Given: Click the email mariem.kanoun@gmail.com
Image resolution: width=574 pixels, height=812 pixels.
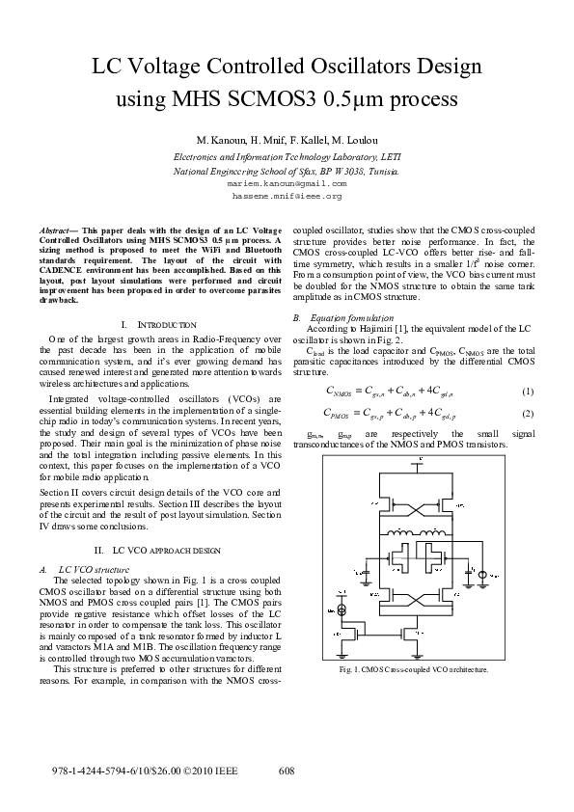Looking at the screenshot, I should [x=287, y=182].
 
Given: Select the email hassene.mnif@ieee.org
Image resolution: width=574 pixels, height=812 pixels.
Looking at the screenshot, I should [x=287, y=195].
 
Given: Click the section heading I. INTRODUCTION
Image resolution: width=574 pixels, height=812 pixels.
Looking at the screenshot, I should [x=160, y=325].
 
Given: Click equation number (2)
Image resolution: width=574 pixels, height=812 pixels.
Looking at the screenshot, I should [x=528, y=414].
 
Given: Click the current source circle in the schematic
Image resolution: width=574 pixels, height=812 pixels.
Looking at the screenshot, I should [x=340, y=611].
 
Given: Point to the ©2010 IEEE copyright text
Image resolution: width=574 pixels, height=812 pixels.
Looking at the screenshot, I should [x=208, y=771].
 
